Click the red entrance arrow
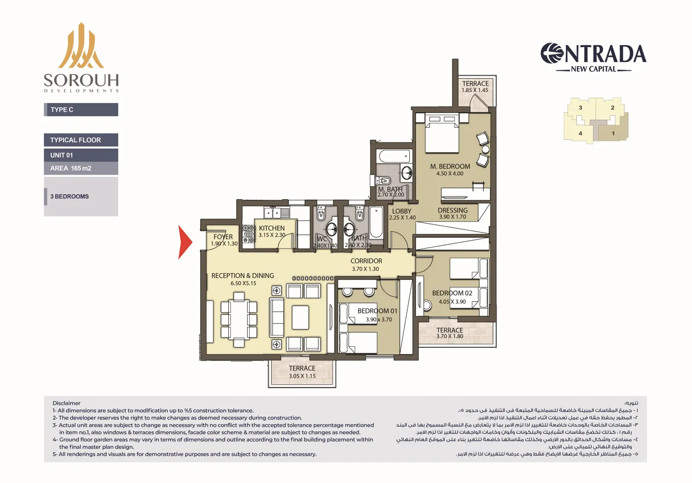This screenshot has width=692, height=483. click(x=185, y=242)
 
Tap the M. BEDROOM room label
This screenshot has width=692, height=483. click(x=450, y=166)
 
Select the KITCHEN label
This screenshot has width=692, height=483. click(x=272, y=228)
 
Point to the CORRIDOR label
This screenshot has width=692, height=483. click(x=366, y=261)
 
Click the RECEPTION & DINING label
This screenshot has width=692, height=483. click(x=243, y=276)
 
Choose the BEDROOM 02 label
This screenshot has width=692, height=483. click(x=452, y=293)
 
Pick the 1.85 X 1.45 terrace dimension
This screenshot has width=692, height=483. click(x=475, y=90)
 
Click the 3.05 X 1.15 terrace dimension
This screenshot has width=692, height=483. click(x=302, y=376)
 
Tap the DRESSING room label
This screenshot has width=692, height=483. click(x=452, y=211)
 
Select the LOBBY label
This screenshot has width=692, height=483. click(x=402, y=211)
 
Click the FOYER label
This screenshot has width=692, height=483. click(x=223, y=237)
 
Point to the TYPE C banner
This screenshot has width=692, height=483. click(x=81, y=110)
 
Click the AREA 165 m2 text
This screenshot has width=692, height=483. click(x=71, y=168)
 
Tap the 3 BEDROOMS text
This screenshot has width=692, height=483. click(x=70, y=196)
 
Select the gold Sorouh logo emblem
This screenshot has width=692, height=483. click(x=81, y=46)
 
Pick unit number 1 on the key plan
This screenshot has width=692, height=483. click(x=613, y=134)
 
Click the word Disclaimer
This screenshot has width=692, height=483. click(x=67, y=403)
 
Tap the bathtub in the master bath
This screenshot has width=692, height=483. click(x=394, y=156)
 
